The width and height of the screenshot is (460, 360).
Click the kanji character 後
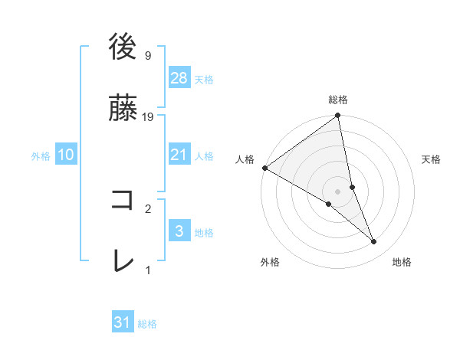[123, 47]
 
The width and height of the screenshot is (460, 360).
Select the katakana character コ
[123, 201]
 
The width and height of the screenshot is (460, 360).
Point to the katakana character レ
[123, 261]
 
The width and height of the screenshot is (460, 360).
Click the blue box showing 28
[179, 78]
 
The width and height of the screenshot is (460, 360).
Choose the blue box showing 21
[179, 155]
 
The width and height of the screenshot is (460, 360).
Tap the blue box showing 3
[179, 231]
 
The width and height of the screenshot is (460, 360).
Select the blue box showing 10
[66, 155]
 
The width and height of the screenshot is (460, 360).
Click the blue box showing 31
[123, 322]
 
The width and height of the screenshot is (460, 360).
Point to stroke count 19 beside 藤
[148, 117]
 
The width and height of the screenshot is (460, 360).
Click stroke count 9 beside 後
[147, 56]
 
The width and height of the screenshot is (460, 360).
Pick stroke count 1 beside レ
[148, 270]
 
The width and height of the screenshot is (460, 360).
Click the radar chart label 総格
[338, 100]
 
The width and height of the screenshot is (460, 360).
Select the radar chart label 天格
[431, 159]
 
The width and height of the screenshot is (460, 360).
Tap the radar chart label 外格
[270, 262]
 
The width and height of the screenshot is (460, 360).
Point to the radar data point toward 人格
[264, 168]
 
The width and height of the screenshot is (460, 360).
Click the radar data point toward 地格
[374, 242]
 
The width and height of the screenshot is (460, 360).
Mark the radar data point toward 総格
[338, 116]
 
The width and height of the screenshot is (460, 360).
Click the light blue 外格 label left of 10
[41, 155]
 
